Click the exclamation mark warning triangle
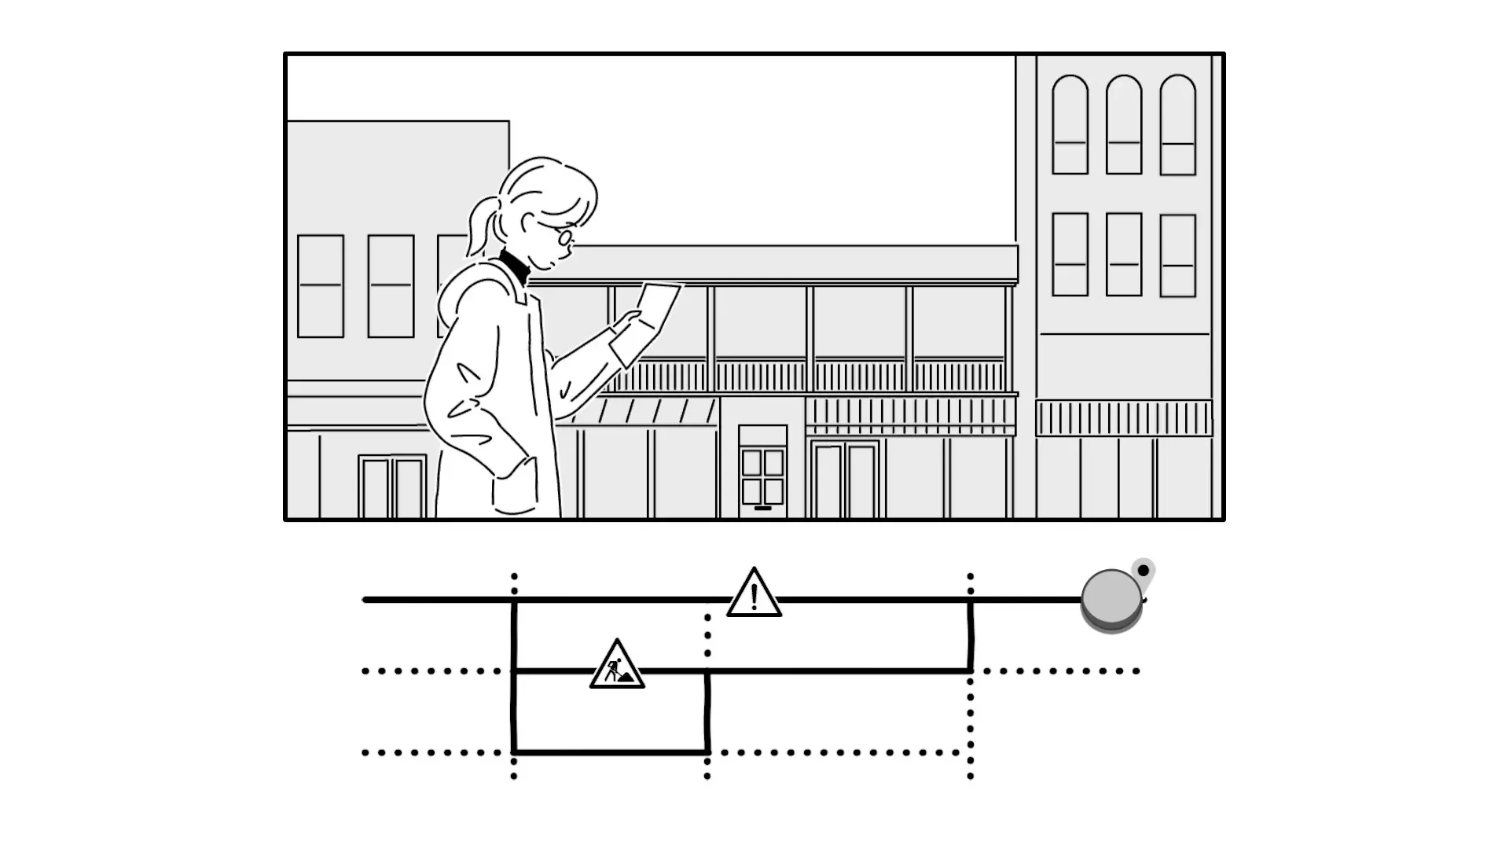(x=754, y=594)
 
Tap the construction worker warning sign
(x=617, y=667)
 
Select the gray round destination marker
(x=1111, y=600)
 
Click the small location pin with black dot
(x=1144, y=572)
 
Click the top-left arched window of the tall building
(x=1070, y=125)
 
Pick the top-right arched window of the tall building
(x=1177, y=125)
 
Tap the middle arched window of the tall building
(x=1123, y=125)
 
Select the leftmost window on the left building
(x=321, y=286)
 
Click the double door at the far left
(x=392, y=487)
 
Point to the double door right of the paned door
(x=845, y=480)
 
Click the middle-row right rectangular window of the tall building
(x=1177, y=255)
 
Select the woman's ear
(x=529, y=227)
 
